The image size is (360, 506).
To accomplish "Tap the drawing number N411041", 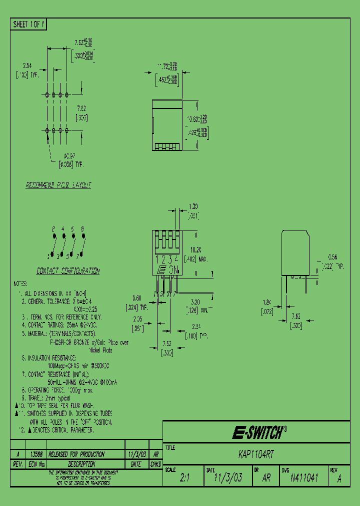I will [304, 477].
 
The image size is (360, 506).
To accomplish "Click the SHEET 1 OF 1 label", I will [28, 24].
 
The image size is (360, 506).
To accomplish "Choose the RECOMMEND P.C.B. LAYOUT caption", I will [58, 185].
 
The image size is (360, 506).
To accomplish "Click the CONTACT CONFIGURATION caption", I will [67, 271].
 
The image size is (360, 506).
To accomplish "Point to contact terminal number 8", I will [82, 228].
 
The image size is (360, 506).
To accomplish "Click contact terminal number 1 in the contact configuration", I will [48, 256].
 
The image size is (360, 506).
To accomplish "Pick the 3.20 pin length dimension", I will [195, 302].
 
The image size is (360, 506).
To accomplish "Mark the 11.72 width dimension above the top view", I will [163, 65].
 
